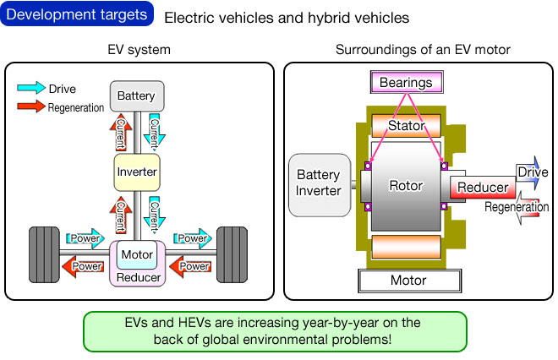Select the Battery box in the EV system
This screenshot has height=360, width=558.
136,96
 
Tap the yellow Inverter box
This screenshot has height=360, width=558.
136,172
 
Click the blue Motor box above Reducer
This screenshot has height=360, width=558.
136,254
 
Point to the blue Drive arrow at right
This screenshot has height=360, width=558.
531,172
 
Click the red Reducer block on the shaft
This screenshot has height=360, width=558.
480,188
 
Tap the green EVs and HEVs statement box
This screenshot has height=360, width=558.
276,330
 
